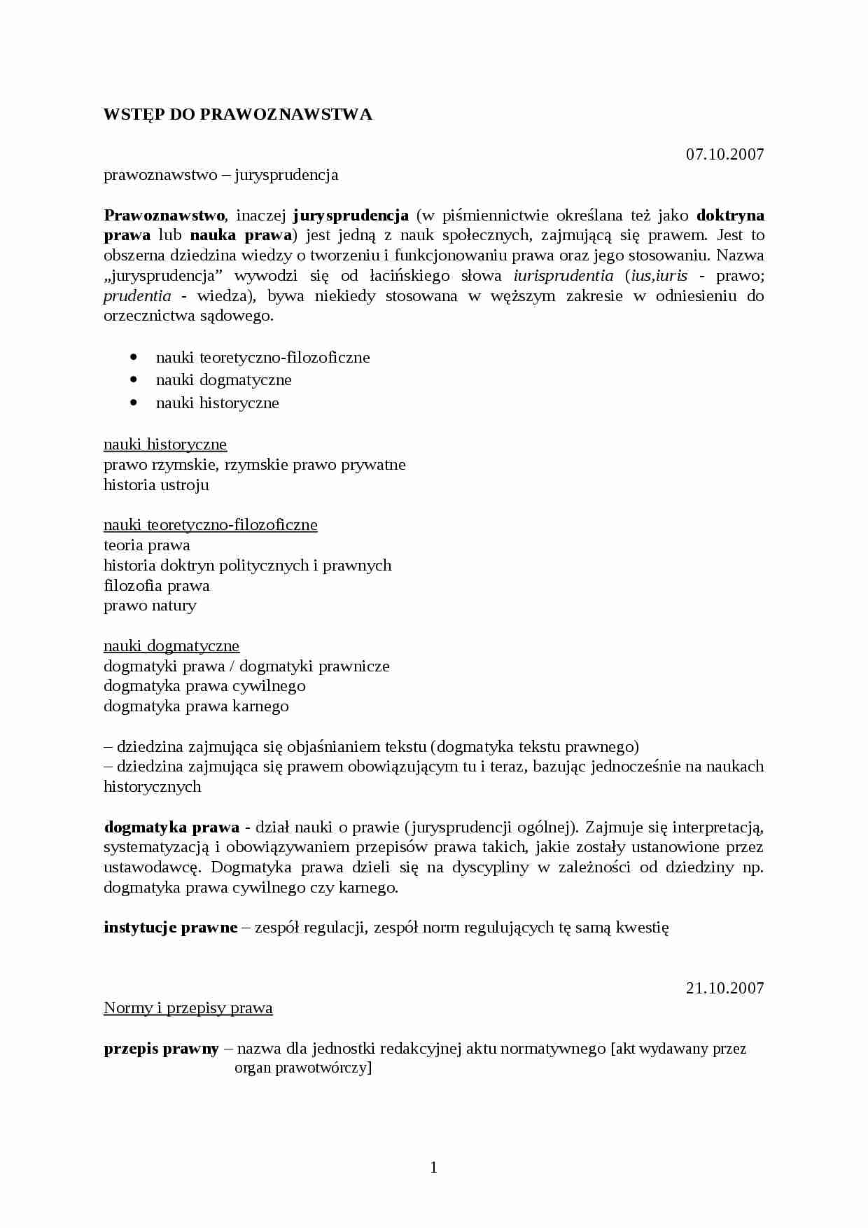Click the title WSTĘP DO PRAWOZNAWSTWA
point(237,115)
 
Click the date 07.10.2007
point(724,154)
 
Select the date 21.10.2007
point(724,988)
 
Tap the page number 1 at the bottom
point(433,1167)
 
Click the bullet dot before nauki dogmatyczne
point(134,379)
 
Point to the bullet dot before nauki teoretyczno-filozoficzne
point(134,357)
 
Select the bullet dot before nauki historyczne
point(134,403)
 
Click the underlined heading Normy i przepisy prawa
point(188,1008)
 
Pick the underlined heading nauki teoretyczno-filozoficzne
point(210,525)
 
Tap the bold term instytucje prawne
point(171,928)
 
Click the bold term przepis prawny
point(161,1049)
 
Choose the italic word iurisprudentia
point(563,276)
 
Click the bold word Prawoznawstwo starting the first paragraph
point(164,215)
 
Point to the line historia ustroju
point(156,485)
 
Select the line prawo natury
point(150,606)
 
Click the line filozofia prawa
point(156,585)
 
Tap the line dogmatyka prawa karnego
point(196,706)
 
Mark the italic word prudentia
point(137,296)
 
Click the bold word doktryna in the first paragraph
point(730,215)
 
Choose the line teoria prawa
point(146,545)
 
